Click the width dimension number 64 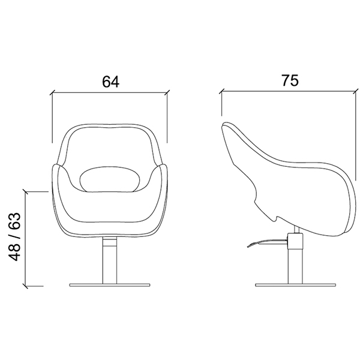110,82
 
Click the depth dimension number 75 290,80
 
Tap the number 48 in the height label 14,251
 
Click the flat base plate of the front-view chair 110,285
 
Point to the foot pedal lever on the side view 268,242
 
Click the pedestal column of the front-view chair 110,260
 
